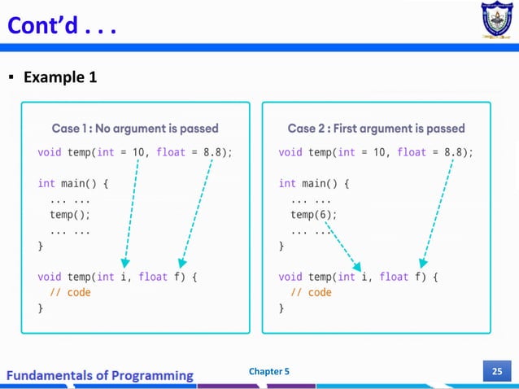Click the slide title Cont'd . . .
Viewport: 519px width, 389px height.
point(62,28)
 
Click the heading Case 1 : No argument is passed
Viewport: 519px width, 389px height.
point(135,129)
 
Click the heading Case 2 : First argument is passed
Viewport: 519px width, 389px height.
point(376,129)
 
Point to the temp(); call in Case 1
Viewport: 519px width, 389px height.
point(70,215)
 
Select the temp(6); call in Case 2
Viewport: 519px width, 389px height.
point(313,215)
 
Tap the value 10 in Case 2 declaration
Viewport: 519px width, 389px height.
point(379,152)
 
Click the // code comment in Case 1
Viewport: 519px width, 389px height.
point(70,292)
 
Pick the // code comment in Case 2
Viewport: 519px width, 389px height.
point(311,292)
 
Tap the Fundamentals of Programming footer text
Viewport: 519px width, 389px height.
point(101,375)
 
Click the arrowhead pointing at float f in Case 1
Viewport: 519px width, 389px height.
point(182,262)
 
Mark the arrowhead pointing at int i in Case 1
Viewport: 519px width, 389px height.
point(124,262)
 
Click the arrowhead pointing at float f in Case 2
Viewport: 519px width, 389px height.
point(422,262)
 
